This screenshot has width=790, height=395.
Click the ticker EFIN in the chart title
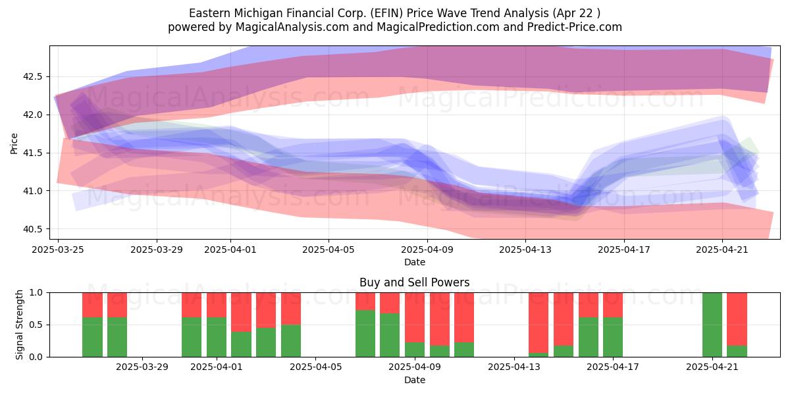coord(386,13)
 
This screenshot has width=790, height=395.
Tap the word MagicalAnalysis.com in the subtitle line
coord(292,27)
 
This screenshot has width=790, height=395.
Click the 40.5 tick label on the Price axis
coord(32,229)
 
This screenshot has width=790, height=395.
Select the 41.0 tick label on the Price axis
coord(32,191)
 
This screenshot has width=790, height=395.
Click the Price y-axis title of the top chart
coord(14,144)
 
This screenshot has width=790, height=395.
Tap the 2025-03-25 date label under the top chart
coord(58,250)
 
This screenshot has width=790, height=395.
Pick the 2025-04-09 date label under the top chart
coord(427,250)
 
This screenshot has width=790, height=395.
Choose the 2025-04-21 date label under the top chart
coord(722,250)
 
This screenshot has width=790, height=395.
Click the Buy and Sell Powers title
coord(414,282)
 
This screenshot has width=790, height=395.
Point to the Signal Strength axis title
coord(19,325)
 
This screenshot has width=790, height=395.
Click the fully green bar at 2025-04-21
coord(712,325)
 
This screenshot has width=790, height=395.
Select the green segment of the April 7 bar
coord(365,334)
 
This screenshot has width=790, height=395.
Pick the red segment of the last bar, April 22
coord(737,319)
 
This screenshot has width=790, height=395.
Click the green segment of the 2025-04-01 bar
coord(216,337)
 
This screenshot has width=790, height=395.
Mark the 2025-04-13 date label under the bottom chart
coord(514,367)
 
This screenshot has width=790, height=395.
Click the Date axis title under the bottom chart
coord(414,381)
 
